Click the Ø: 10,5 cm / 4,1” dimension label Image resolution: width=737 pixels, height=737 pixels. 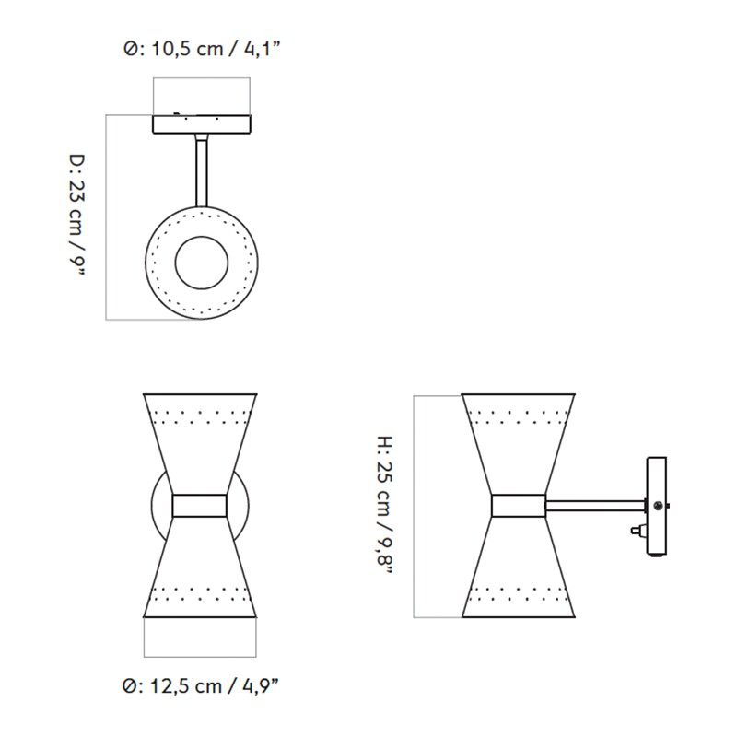(201, 48)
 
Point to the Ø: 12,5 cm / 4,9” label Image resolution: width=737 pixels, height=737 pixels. (201, 685)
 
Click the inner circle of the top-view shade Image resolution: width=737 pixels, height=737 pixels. (204, 261)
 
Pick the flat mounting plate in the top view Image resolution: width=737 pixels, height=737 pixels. (201, 123)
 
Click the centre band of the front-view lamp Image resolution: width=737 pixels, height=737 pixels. (200, 505)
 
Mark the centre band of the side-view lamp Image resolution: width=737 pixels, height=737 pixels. (519, 505)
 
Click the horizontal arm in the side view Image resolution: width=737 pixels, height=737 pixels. (595, 504)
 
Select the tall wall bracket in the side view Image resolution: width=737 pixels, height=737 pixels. (658, 507)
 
